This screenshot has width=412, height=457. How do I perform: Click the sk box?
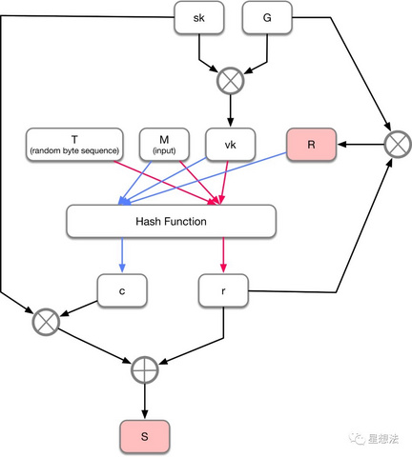pyautogui.click(x=199, y=17)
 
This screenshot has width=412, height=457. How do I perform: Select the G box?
pyautogui.click(x=267, y=17)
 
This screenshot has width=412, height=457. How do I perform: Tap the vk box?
pyautogui.click(x=231, y=145)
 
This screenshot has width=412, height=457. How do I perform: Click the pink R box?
pyautogui.click(x=311, y=145)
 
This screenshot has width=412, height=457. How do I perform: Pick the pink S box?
pyautogui.click(x=145, y=436)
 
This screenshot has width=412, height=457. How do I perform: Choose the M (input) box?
pyautogui.click(x=164, y=145)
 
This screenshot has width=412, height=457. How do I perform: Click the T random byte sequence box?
pyautogui.click(x=74, y=145)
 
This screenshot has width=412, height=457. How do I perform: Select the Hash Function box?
pyautogui.click(x=171, y=221)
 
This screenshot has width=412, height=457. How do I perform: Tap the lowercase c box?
pyautogui.click(x=122, y=290)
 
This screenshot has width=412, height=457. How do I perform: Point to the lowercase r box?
pyautogui.click(x=223, y=290)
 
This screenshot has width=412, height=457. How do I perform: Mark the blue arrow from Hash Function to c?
pyautogui.click(x=122, y=255)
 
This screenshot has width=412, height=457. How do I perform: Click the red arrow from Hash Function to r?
pyautogui.click(x=223, y=255)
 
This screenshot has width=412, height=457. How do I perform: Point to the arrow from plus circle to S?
pyautogui.click(x=145, y=402)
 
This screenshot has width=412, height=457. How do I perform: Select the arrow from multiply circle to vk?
pyautogui.click(x=231, y=110)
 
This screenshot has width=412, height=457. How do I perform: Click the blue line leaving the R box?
pyautogui.click(x=202, y=178)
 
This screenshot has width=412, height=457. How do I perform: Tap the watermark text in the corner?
pyautogui.click(x=374, y=439)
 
